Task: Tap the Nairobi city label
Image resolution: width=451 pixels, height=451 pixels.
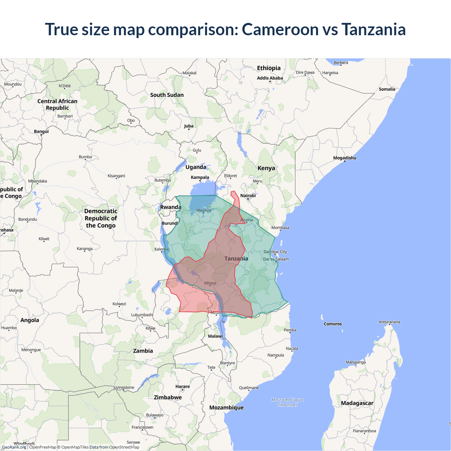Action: point(248,196)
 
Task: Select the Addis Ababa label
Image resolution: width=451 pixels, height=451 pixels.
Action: point(270,78)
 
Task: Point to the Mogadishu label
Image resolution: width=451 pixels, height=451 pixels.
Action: point(345,158)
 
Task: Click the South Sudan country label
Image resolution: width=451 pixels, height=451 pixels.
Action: point(167,95)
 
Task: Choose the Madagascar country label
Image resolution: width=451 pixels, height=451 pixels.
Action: point(357,403)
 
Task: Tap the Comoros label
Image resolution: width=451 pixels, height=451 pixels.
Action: point(333,324)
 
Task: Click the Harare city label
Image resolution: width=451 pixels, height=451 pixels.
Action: point(183,387)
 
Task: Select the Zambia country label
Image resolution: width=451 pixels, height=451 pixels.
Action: point(143,351)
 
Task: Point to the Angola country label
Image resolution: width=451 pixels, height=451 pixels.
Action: point(30,320)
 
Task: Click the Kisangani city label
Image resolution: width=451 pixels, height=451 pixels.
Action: point(116,176)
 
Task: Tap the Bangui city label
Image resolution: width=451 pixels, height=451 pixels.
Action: point(41,131)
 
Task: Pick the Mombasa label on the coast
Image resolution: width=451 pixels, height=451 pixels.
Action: point(280,228)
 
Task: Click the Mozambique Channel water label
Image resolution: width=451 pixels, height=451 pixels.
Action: point(288,402)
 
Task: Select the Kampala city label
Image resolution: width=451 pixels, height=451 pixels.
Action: point(200,177)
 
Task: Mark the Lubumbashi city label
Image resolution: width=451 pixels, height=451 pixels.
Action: point(142,315)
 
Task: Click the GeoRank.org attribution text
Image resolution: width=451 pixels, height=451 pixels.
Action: point(14,447)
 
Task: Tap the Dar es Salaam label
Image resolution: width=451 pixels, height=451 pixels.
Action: point(276,259)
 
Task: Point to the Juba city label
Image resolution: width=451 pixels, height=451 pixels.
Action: point(189,126)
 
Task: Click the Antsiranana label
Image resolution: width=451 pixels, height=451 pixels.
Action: point(389,322)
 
